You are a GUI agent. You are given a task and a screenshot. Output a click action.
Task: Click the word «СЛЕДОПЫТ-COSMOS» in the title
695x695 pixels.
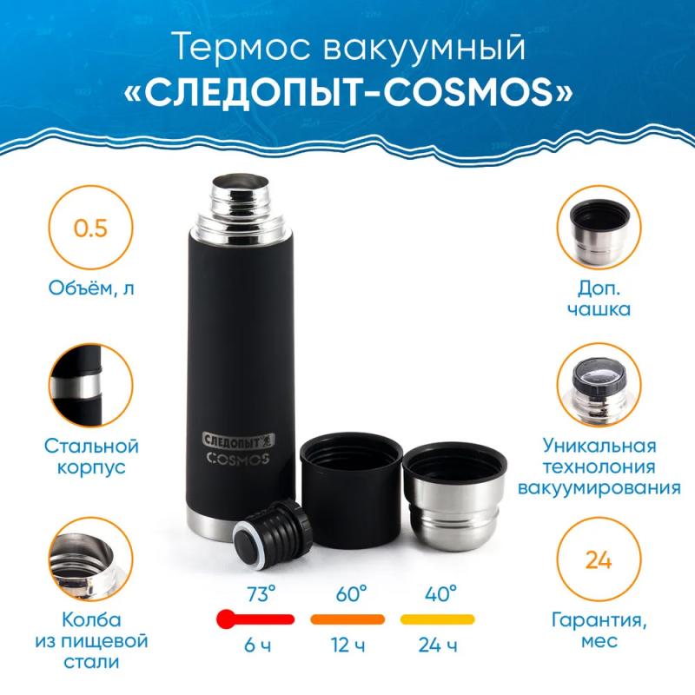pos(347,89)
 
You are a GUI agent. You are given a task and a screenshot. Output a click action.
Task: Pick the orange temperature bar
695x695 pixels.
pos(347,619)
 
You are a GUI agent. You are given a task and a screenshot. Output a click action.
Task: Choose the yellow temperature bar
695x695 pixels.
pos(437,619)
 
